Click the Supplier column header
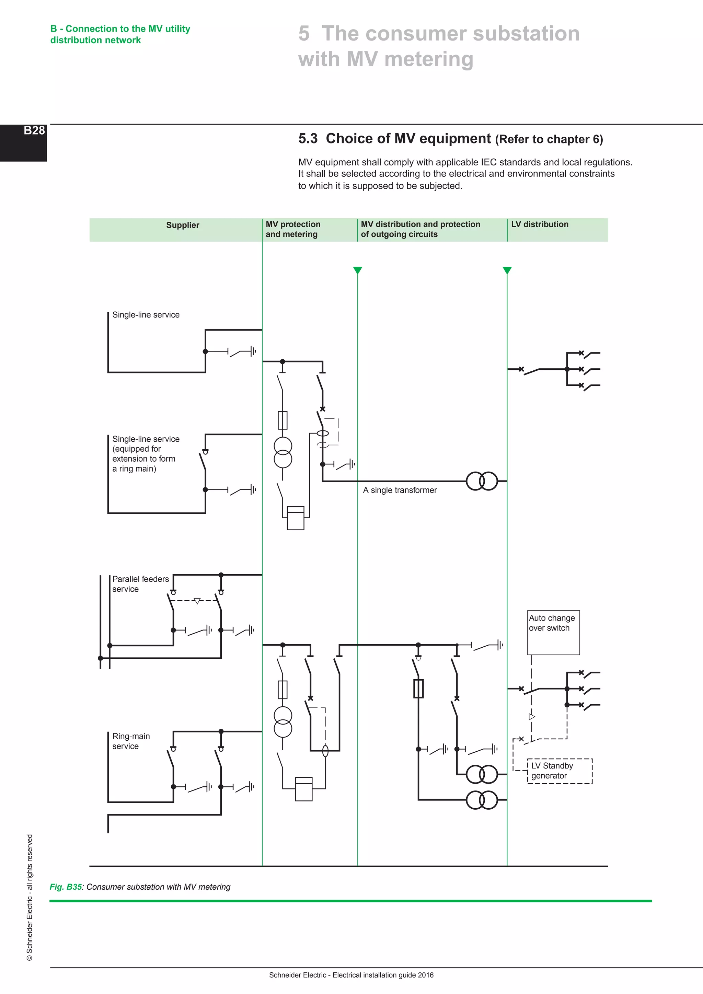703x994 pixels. [x=182, y=225]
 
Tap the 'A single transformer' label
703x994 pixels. [x=400, y=490]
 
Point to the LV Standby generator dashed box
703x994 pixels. [x=559, y=771]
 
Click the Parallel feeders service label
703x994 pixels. [x=140, y=584]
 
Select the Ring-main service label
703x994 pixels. [x=131, y=741]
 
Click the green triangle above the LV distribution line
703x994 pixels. [x=507, y=270]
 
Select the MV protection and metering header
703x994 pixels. [x=293, y=229]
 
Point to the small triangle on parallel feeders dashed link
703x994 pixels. [x=197, y=601]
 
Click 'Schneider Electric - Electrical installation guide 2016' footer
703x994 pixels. [x=351, y=975]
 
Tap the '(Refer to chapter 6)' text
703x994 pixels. [x=549, y=139]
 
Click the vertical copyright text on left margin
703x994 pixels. [x=30, y=897]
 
